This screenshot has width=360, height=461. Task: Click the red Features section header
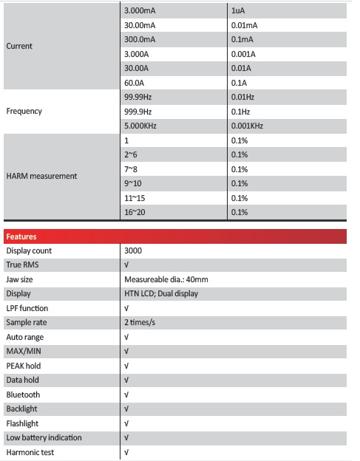[x=175, y=237]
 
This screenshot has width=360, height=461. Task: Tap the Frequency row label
[x=24, y=111]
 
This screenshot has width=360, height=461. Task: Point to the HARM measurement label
[x=41, y=176]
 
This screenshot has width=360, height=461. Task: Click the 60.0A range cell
[x=133, y=82]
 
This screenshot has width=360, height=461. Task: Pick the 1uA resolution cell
[x=238, y=10]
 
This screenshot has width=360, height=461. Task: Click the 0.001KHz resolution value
[x=246, y=126]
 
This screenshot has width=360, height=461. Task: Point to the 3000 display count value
[x=133, y=251]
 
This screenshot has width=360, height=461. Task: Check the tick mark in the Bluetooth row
[x=127, y=395]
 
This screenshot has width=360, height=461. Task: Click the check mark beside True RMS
[x=127, y=265]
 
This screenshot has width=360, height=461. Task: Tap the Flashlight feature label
[x=23, y=423]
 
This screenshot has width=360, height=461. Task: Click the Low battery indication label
[x=44, y=437]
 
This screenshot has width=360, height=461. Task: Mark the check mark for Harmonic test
[x=127, y=452]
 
